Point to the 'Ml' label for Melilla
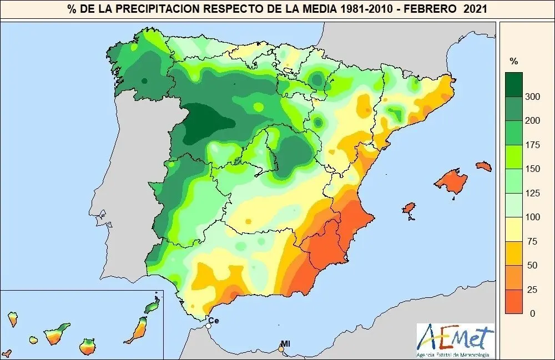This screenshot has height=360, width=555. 286,343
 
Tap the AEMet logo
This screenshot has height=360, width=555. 455,339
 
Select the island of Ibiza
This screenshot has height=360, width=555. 409,209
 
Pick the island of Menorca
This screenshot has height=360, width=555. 485,166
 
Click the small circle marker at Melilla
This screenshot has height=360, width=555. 281,349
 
